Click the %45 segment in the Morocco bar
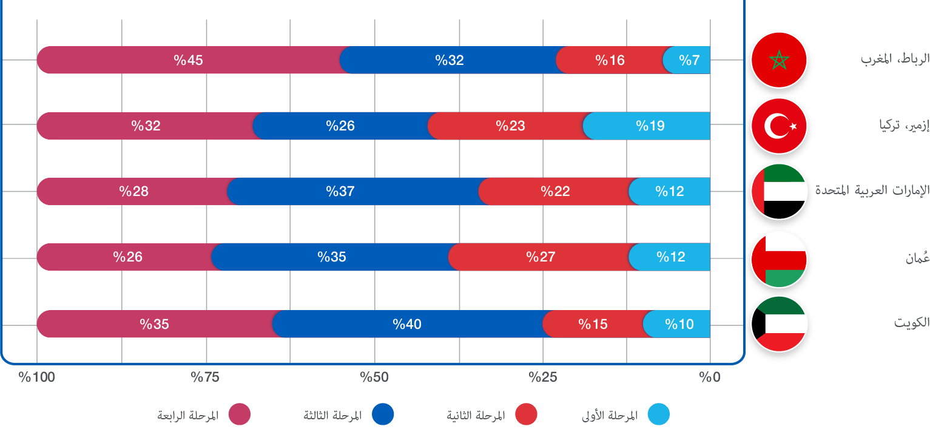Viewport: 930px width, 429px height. click(x=188, y=60)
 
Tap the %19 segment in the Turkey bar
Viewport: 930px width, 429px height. click(x=650, y=126)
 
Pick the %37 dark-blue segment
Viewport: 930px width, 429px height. click(x=340, y=192)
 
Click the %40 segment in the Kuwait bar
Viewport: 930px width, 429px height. click(x=406, y=324)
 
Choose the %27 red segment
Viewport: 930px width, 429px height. click(x=541, y=257)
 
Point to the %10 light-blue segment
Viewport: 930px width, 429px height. click(x=679, y=324)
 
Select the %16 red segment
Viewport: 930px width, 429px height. click(x=610, y=60)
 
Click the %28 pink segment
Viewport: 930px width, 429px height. click(x=133, y=192)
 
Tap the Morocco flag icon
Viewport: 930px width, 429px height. click(x=778, y=60)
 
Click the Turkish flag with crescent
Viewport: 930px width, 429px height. click(x=778, y=126)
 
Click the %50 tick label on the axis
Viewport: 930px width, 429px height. click(x=374, y=377)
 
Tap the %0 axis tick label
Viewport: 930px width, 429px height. click(x=709, y=377)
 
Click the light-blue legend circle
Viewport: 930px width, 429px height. click(x=658, y=415)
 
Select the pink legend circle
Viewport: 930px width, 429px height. click(x=240, y=415)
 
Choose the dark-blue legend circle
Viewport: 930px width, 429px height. click(x=383, y=415)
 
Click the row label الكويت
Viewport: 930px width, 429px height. click(x=912, y=323)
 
